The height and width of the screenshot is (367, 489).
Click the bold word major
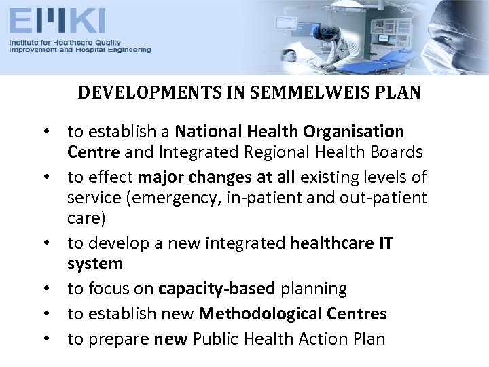(x=162, y=177)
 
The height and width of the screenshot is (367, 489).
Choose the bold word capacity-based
(x=217, y=290)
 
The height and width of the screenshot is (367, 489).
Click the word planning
(x=313, y=290)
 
